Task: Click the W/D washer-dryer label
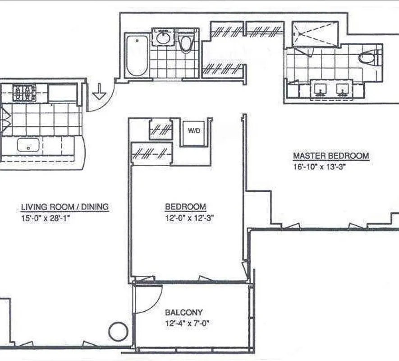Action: (x=194, y=131)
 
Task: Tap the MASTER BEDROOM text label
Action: (x=331, y=156)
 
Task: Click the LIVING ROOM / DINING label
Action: (x=65, y=207)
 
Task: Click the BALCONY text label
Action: (x=183, y=312)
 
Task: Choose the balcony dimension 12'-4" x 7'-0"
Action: (x=188, y=323)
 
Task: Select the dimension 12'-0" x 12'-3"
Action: (x=189, y=217)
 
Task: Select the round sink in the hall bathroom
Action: (x=162, y=37)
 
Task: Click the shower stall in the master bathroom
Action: (x=315, y=33)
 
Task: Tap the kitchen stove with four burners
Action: (x=24, y=93)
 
